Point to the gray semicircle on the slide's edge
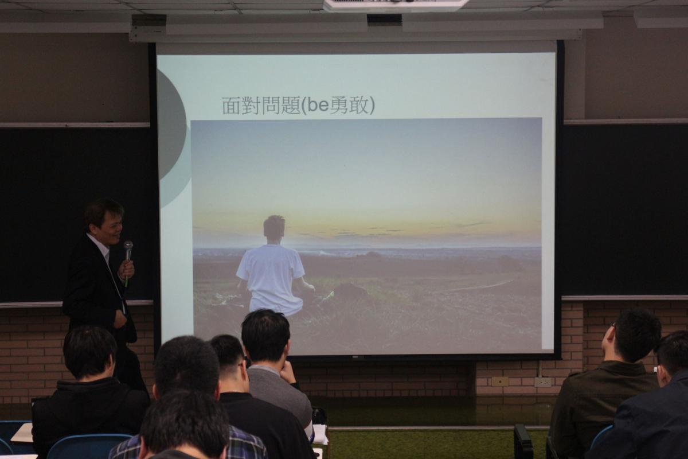[171, 138]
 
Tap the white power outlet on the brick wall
[543, 382]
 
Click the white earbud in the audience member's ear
[656, 369]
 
